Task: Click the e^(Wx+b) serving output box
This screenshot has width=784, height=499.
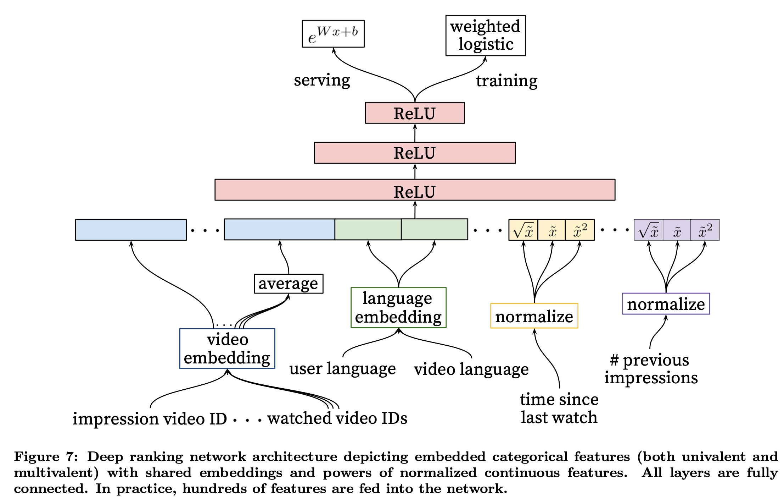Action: tap(333, 34)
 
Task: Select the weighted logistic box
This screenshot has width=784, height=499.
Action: tap(485, 35)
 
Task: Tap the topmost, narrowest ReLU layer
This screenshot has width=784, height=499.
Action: tap(415, 113)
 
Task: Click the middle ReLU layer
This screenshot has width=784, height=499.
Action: tap(415, 153)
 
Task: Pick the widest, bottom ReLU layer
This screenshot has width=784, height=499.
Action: tap(415, 190)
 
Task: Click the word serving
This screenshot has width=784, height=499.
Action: tap(322, 80)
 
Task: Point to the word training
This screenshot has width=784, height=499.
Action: tap(506, 81)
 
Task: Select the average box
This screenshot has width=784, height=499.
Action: tap(289, 284)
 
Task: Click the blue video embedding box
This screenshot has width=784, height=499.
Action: tap(227, 349)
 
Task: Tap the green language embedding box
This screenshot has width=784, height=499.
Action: tap(398, 308)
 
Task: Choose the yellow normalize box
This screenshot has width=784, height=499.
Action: tap(534, 316)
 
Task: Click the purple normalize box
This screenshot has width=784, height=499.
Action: tap(666, 304)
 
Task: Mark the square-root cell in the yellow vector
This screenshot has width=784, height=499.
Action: tap(523, 230)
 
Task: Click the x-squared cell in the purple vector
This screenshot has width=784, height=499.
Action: tap(705, 230)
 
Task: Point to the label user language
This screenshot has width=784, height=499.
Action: tap(342, 369)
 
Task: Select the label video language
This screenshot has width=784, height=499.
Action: tap(471, 369)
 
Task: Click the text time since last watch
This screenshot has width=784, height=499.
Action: tap(559, 408)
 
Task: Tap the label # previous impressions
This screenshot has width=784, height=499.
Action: tap(651, 369)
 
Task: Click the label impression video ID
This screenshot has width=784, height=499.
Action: tap(150, 419)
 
